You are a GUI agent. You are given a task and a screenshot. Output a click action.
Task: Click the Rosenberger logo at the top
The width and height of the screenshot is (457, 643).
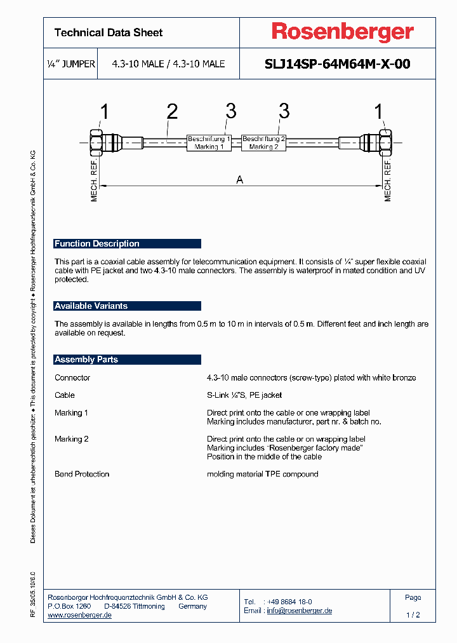click(x=343, y=32)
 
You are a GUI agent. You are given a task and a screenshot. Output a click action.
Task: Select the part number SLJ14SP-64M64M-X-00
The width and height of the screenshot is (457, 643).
click(x=336, y=64)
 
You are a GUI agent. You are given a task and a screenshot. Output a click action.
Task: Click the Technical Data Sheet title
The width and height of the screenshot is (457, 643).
click(x=109, y=32)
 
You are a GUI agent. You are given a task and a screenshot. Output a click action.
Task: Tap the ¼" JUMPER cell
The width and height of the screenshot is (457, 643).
click(x=71, y=64)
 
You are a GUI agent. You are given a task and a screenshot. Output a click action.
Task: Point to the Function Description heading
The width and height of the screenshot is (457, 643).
click(x=97, y=244)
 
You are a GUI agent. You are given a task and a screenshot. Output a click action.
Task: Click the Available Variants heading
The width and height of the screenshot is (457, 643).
click(x=91, y=306)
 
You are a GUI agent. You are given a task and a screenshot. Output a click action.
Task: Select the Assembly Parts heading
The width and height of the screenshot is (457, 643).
click(x=86, y=360)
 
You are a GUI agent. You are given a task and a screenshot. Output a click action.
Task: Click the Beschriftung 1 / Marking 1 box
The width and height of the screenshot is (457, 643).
click(x=209, y=142)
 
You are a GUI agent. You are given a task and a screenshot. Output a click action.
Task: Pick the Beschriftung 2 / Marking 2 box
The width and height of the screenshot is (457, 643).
click(x=264, y=142)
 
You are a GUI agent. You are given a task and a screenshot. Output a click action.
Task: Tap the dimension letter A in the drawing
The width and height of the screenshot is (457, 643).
click(x=240, y=180)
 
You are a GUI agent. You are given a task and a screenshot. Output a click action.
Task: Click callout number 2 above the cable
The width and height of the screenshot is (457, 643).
click(x=172, y=112)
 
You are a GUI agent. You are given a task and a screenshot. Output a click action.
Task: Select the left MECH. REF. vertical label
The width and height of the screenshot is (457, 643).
click(x=94, y=182)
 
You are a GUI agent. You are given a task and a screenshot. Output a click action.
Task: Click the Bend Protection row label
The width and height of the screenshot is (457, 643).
click(x=82, y=474)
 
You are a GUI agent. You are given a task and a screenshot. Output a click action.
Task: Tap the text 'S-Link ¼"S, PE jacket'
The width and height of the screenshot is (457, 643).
click(x=244, y=395)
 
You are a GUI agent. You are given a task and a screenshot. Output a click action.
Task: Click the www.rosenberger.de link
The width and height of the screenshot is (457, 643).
click(x=80, y=615)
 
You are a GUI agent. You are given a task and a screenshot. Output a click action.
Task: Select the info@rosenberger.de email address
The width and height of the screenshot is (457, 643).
click(x=299, y=611)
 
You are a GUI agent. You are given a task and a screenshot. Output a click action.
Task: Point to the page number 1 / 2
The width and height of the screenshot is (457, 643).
click(x=413, y=615)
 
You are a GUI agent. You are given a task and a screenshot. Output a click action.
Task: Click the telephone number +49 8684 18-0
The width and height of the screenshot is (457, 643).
click(x=289, y=602)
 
